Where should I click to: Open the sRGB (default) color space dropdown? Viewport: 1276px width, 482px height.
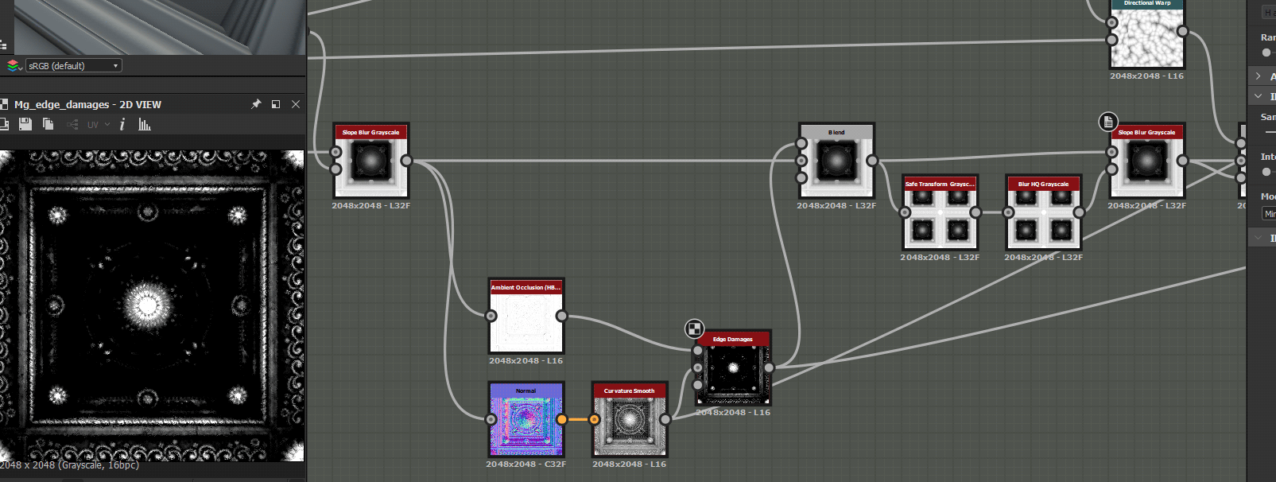tap(73, 66)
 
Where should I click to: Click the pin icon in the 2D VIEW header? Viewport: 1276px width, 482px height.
tap(256, 104)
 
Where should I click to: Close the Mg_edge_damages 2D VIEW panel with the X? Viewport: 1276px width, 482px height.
tap(296, 104)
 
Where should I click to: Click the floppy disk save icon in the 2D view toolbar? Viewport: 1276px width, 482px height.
tap(25, 124)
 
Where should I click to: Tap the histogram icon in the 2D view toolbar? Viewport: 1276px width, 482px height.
tap(145, 124)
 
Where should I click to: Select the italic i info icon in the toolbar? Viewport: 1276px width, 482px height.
tap(122, 124)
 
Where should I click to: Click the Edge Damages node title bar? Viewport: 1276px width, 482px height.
tap(733, 339)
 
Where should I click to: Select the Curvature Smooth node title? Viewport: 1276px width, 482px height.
tap(629, 391)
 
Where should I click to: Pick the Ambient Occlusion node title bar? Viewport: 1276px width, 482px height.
tap(526, 287)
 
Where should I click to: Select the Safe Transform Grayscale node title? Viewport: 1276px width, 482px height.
tap(940, 184)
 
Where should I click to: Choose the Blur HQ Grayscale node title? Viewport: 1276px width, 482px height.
tap(1044, 184)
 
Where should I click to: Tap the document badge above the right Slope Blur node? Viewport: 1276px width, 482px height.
tap(1108, 122)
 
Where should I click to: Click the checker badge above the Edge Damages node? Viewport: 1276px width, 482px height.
tap(694, 328)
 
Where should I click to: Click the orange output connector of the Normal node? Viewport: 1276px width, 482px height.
tap(562, 419)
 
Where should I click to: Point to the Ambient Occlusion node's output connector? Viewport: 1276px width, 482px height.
tap(562, 316)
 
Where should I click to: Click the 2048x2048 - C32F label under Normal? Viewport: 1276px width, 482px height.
tap(526, 464)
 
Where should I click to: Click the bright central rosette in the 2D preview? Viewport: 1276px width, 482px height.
tap(147, 303)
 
